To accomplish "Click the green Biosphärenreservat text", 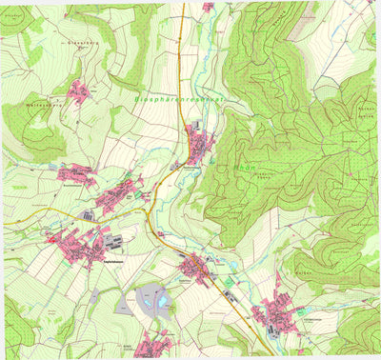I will (181, 96).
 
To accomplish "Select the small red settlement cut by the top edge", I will (208, 7).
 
